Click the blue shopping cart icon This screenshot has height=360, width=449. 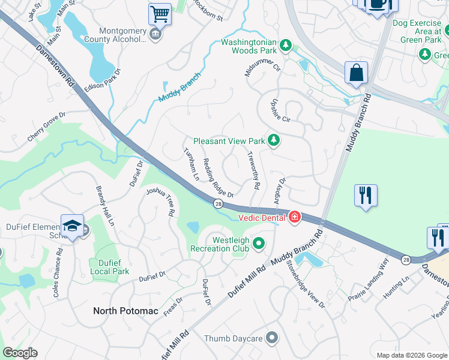(x=160, y=13)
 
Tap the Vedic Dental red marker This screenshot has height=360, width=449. (x=295, y=217)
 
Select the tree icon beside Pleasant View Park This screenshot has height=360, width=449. (x=274, y=140)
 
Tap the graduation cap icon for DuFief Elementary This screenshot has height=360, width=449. (x=72, y=225)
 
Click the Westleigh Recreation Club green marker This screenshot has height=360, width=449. (x=259, y=243)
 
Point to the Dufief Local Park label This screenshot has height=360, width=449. (x=109, y=267)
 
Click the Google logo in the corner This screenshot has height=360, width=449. (x=20, y=352)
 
